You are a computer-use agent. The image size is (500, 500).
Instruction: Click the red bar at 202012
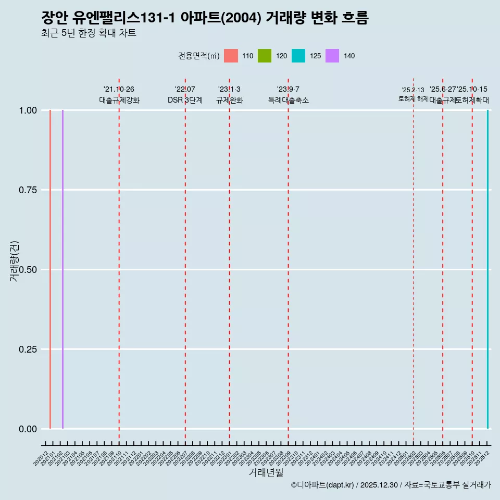[x=50, y=269]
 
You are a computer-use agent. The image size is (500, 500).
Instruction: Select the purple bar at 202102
[x=63, y=269]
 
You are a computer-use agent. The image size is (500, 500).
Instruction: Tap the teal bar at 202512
[x=488, y=269]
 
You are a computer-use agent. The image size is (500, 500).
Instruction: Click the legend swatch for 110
[x=231, y=56]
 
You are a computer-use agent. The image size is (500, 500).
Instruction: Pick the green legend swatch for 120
[x=265, y=56]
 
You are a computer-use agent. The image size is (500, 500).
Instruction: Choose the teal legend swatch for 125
[x=298, y=56]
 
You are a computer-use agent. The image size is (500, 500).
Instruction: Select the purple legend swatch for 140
[x=332, y=56]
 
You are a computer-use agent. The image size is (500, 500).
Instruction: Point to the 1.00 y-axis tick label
[x=28, y=110]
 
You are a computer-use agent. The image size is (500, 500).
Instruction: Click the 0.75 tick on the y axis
[x=28, y=190]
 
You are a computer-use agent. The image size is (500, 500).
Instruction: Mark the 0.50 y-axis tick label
[x=28, y=270]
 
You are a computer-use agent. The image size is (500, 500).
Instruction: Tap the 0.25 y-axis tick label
[x=28, y=349]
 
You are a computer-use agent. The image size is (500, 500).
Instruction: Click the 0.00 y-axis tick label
[x=28, y=429]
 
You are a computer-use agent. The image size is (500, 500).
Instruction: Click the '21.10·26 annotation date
[x=119, y=90]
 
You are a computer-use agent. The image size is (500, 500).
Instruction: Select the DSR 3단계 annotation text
[x=185, y=100]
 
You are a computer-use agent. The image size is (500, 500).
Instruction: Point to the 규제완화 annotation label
[x=229, y=100]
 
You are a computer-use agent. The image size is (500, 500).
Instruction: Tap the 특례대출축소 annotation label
[x=288, y=100]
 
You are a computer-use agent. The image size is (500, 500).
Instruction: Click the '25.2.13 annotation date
[x=413, y=90]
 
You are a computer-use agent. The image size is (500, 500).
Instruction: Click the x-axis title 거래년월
[x=266, y=472]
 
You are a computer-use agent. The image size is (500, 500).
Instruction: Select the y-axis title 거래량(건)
[x=15, y=261]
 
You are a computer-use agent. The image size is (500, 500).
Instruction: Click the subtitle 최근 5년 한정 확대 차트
[x=89, y=33]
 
